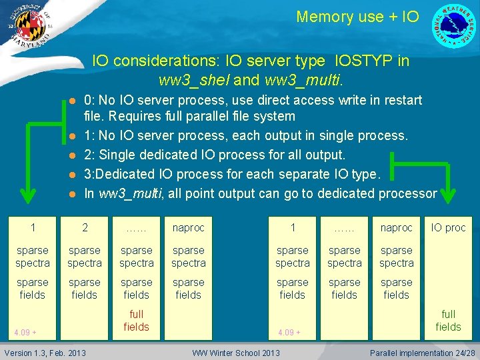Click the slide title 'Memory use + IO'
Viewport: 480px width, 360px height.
(357, 17)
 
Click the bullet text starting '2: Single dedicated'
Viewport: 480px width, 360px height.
(215, 155)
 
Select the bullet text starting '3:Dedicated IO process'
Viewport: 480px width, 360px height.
(231, 175)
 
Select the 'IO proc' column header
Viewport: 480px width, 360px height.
(448, 228)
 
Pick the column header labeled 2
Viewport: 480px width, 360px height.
(85, 228)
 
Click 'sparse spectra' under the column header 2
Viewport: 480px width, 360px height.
(85, 257)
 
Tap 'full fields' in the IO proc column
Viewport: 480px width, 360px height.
(448, 321)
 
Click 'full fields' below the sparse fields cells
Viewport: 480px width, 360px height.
(137, 320)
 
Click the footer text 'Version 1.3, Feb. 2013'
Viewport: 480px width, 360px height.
(45, 353)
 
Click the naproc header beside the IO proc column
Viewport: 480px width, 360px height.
(396, 228)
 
